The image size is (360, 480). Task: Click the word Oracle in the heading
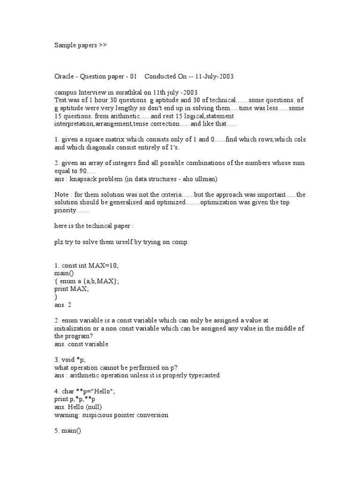(64, 76)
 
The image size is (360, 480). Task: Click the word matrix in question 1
(116, 140)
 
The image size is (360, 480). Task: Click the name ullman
(205, 179)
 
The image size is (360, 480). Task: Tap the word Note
(61, 195)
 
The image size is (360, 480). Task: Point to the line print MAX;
(71, 289)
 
